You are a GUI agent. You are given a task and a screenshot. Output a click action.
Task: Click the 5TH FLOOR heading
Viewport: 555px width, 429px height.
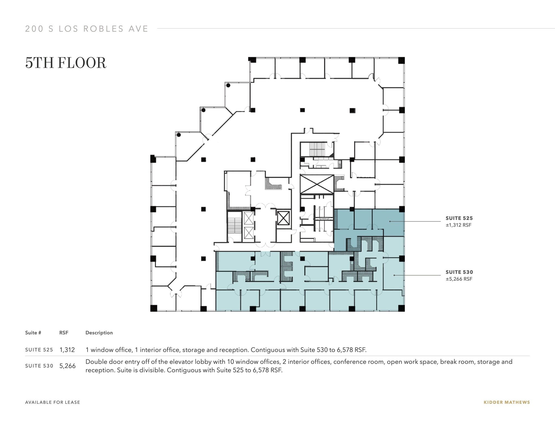(x=66, y=63)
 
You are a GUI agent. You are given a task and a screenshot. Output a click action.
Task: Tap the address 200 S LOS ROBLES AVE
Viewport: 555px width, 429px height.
(x=87, y=29)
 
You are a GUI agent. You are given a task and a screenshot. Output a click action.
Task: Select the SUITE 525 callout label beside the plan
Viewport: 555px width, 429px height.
(x=459, y=218)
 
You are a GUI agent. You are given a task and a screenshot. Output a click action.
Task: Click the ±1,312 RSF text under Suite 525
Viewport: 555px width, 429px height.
(x=459, y=225)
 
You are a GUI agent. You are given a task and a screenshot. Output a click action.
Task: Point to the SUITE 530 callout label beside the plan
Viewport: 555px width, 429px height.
(x=459, y=272)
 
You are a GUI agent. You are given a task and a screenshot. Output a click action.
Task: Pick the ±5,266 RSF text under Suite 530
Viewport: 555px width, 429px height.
(x=459, y=279)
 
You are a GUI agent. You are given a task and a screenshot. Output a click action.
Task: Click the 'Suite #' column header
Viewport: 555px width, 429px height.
(x=33, y=333)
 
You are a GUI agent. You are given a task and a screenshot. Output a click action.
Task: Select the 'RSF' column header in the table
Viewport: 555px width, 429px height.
(x=64, y=333)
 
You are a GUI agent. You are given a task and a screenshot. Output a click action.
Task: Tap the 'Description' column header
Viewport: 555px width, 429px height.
(x=99, y=333)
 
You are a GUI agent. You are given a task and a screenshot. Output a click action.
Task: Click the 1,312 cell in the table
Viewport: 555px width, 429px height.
(x=67, y=350)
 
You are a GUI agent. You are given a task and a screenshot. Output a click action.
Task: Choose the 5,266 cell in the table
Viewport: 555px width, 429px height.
(x=67, y=366)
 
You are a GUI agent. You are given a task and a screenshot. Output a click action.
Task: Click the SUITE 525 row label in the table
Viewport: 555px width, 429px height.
(x=39, y=350)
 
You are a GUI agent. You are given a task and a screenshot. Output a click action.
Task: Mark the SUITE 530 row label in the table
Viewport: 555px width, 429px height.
(x=39, y=366)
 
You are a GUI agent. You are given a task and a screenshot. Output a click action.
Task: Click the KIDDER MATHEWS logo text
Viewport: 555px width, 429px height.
(x=506, y=402)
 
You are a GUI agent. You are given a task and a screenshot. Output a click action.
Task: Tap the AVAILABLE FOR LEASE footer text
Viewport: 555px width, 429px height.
(x=53, y=402)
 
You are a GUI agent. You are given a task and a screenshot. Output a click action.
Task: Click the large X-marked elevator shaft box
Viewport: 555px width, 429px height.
(x=317, y=185)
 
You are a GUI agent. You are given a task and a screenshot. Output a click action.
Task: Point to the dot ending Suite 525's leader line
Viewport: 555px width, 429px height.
(x=390, y=221)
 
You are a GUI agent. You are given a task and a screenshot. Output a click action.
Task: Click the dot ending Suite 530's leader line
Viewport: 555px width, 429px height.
(x=394, y=275)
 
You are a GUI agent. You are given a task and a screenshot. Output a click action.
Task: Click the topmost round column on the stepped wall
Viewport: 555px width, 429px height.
(x=228, y=85)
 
